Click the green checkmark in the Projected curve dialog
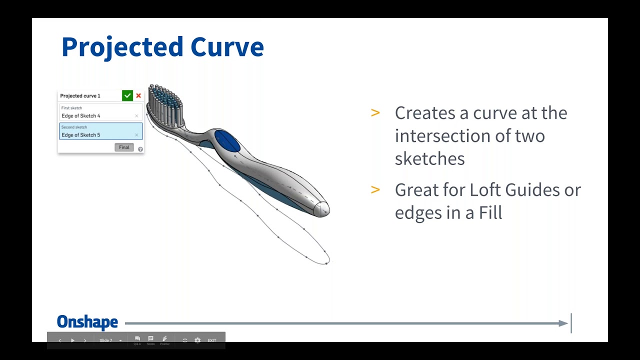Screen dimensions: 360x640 pyautogui.click(x=127, y=95)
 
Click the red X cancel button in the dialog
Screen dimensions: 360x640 pyautogui.click(x=138, y=95)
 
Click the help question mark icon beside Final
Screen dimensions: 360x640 pyautogui.click(x=140, y=149)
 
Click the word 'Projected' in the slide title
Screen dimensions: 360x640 pyautogui.click(x=122, y=47)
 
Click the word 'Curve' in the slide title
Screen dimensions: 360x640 pyautogui.click(x=227, y=47)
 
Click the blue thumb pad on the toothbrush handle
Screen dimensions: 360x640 pyautogui.click(x=227, y=140)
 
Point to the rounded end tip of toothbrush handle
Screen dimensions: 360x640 pyautogui.click(x=323, y=208)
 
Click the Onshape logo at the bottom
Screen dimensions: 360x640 pyautogui.click(x=87, y=322)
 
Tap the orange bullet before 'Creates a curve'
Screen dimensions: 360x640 pyautogui.click(x=375, y=113)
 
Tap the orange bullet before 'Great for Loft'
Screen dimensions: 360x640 pyautogui.click(x=375, y=190)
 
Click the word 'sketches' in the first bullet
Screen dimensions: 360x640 pyautogui.click(x=429, y=159)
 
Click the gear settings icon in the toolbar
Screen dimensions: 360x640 pyautogui.click(x=197, y=340)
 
